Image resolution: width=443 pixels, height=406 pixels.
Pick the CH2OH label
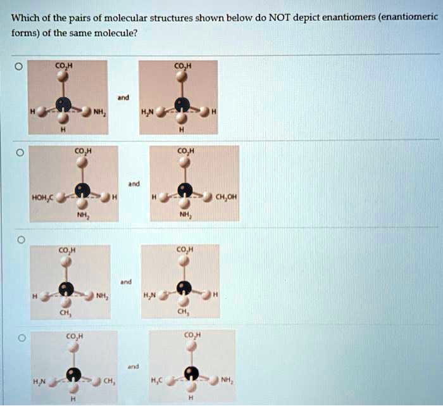click(x=225, y=196)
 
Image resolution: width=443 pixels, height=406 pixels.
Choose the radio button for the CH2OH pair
click(x=20, y=152)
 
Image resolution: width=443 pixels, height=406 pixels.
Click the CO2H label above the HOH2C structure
click(x=83, y=151)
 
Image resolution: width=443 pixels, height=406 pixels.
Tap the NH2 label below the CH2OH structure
click(x=184, y=215)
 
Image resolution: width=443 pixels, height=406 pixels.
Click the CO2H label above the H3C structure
click(x=191, y=334)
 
